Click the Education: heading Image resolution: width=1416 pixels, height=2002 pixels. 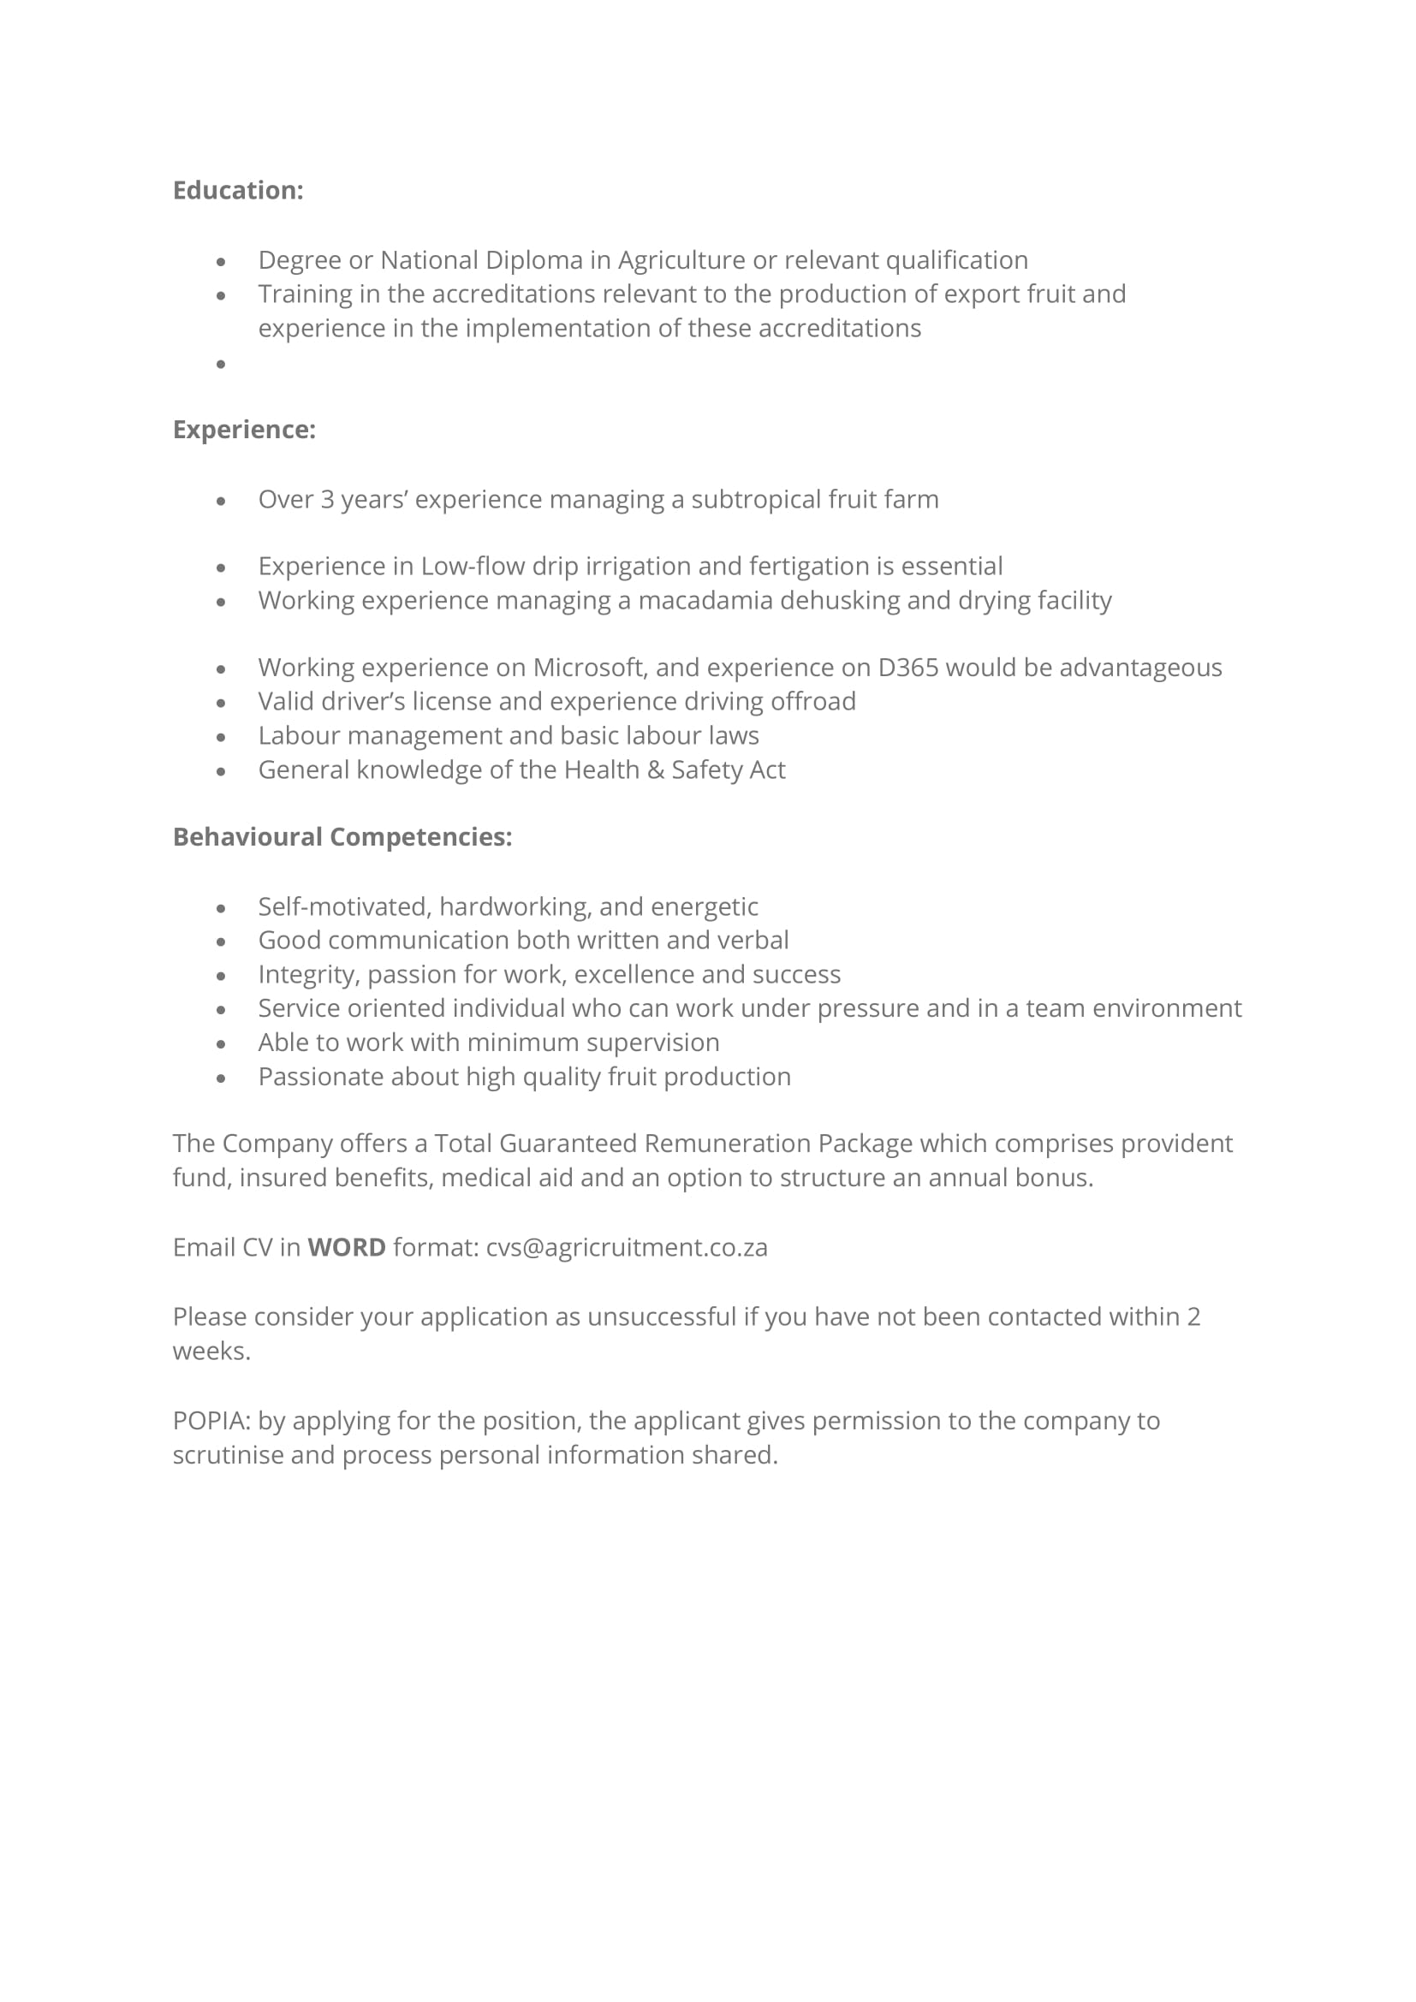tap(237, 191)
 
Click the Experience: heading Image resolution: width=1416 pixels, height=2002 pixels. tap(243, 430)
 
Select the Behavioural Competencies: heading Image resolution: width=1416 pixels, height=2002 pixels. tap(342, 837)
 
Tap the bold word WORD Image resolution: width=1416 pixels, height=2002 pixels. tap(346, 1248)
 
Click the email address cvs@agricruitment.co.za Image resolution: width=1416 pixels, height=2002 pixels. tap(626, 1248)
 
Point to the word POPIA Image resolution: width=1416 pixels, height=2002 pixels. tap(210, 1422)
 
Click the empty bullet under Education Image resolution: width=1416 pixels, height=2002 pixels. tap(221, 364)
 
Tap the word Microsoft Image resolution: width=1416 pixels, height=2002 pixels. tap(589, 668)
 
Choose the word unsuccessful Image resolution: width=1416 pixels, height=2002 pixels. tap(661, 1316)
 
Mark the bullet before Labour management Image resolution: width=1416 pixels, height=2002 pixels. tap(221, 737)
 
